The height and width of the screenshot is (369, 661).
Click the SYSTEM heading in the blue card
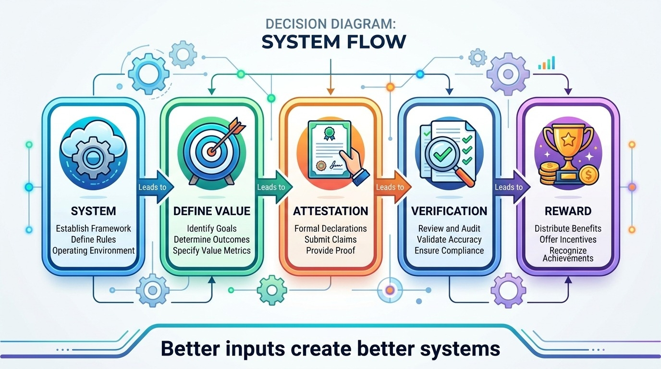(93, 211)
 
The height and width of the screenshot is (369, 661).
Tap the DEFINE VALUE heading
(212, 211)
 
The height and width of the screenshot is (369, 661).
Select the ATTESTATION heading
(330, 211)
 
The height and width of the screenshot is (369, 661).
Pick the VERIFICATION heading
(449, 211)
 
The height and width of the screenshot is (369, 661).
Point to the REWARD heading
(568, 211)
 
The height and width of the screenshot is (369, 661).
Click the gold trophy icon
(562, 144)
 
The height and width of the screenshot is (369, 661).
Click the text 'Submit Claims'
(330, 239)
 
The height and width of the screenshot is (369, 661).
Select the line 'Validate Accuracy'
(449, 239)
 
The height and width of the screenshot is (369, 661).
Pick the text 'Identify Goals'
(212, 229)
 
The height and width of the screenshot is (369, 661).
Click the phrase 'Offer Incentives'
(568, 239)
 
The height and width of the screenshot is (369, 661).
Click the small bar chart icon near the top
(547, 63)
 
